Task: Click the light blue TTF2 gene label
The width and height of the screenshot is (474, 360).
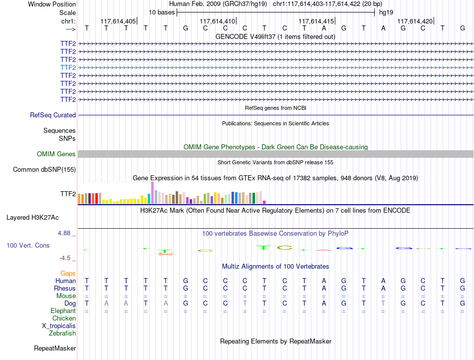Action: click(x=68, y=67)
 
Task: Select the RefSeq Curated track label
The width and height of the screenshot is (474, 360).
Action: click(x=53, y=115)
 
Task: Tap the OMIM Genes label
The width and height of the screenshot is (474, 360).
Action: click(x=56, y=154)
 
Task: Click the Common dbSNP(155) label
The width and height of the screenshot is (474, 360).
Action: click(x=44, y=169)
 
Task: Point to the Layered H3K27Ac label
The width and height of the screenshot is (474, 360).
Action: click(x=32, y=218)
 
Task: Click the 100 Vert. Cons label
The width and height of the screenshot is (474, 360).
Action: click(x=28, y=245)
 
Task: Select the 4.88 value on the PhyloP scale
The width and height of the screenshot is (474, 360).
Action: click(x=64, y=233)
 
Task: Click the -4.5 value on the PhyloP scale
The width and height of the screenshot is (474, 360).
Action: click(x=65, y=258)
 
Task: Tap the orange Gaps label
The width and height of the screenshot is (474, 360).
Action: click(x=68, y=273)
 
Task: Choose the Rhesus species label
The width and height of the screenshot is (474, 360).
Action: click(x=65, y=288)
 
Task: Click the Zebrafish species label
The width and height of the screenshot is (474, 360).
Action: click(x=62, y=333)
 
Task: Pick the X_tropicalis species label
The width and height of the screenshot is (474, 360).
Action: click(x=59, y=326)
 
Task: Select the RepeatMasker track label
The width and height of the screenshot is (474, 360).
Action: click(x=55, y=348)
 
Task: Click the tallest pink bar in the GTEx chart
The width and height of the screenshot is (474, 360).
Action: click(x=152, y=193)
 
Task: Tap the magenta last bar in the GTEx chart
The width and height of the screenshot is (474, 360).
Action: click(x=264, y=202)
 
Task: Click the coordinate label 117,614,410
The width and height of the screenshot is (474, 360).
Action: click(x=218, y=21)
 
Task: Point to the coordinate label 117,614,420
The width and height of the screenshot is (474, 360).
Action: click(x=415, y=21)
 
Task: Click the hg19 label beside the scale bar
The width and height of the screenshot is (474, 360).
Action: click(x=386, y=12)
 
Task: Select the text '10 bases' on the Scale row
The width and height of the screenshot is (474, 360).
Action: click(x=162, y=12)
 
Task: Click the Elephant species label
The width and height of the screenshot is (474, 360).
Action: click(x=63, y=311)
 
